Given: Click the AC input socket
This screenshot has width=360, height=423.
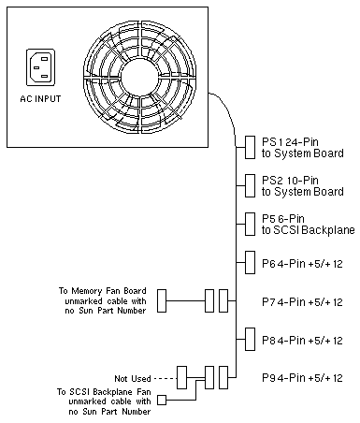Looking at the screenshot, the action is coord(40,67).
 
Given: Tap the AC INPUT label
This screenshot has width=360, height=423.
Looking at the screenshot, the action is coord(40,99).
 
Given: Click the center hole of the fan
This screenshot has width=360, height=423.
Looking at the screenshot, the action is coord(139,77).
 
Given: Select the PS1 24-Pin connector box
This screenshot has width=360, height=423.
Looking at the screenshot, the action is coord(250,147).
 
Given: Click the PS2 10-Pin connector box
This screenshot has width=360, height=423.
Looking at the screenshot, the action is coord(250,185).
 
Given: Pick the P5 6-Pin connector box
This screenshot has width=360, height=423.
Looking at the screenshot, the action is coord(250,224).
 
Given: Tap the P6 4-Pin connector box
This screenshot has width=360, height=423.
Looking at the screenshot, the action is coord(250,262).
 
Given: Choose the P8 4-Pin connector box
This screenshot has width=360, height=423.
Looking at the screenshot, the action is coord(250,339).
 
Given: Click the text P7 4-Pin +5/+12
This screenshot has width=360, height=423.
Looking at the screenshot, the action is coord(302,302).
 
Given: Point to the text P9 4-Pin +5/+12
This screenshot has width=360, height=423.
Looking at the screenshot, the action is coord(302,378).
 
